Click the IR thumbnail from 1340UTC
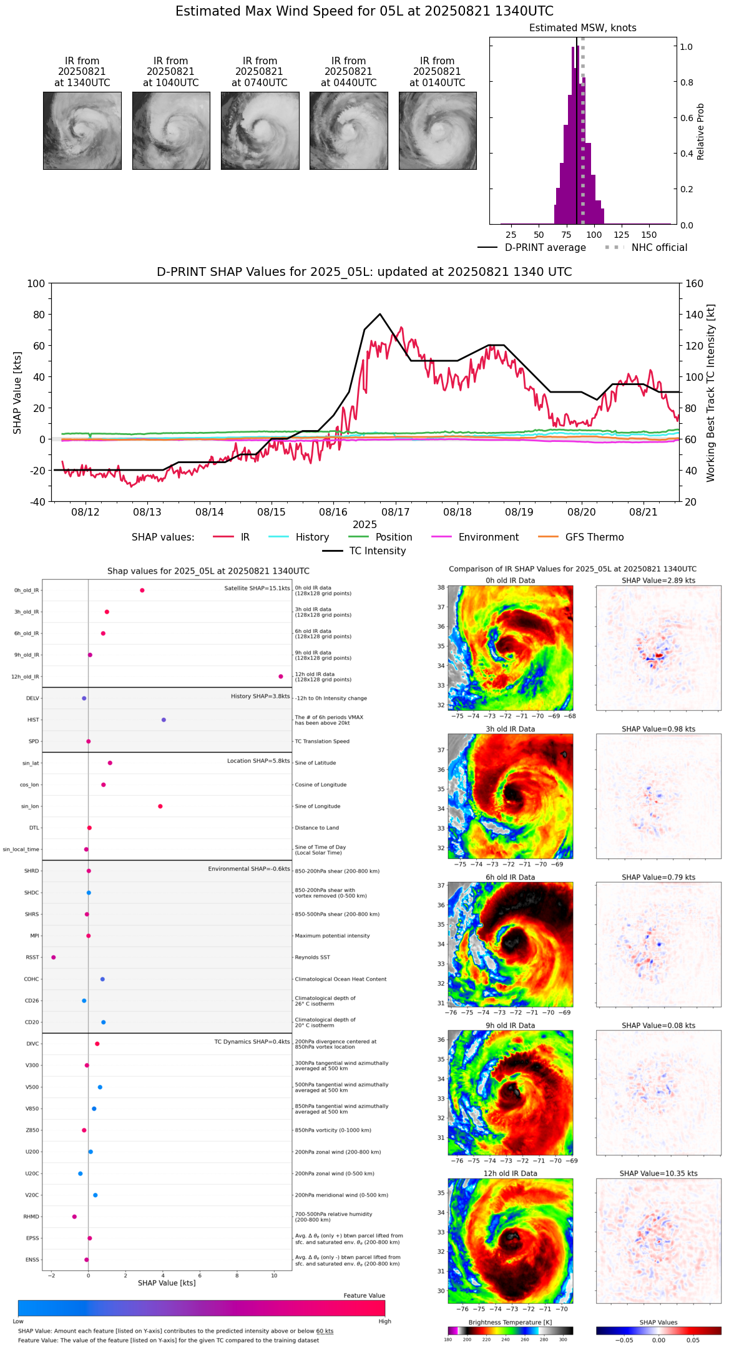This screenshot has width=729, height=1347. pos(82,130)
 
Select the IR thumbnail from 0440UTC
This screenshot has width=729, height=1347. pos(349,130)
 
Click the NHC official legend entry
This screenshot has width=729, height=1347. pos(645,248)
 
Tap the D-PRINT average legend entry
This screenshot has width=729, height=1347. pos(532,248)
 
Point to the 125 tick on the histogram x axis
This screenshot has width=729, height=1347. pos(621,235)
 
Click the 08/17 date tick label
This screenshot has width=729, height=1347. pos(396,512)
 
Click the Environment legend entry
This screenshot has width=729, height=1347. pos(475,537)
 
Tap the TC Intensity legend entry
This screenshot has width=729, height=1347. pos(364,551)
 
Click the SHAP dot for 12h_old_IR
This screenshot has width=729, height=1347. pos(281,677)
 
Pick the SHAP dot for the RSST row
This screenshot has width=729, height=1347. pos(53,958)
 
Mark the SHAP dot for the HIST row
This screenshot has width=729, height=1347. pos(164,720)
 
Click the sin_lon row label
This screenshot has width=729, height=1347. pos(30,806)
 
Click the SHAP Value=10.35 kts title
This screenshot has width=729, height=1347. pos(658,1173)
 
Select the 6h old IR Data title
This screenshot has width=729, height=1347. pos(511,877)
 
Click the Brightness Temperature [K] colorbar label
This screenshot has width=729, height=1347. pos(511,1322)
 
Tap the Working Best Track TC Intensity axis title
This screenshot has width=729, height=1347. pos(711,393)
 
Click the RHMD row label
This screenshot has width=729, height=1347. pos(31,1217)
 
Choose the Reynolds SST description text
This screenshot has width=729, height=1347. pos(313,958)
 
